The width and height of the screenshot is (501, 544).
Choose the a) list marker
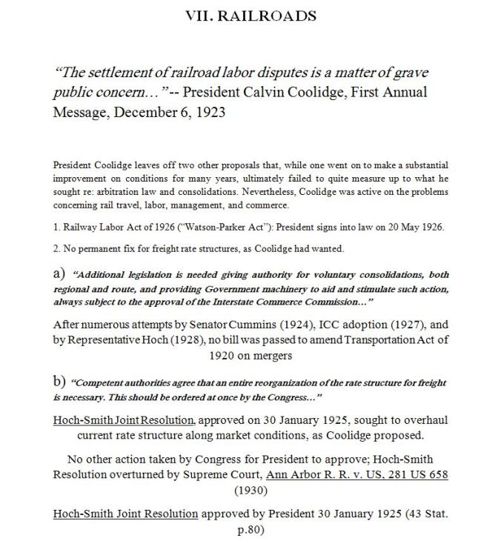62,275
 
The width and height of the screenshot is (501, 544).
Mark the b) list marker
62,382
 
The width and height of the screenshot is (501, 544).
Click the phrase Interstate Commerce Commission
280,303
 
